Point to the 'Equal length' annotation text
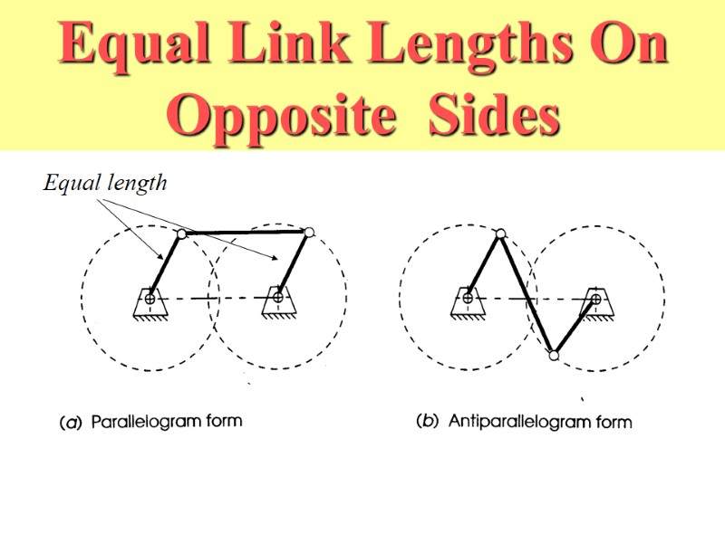(x=105, y=183)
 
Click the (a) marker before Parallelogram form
(x=70, y=422)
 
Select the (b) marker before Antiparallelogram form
(x=427, y=422)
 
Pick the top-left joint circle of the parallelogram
(x=181, y=234)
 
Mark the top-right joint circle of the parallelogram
(x=310, y=233)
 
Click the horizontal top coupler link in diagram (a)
(x=245, y=233)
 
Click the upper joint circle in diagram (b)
(x=500, y=233)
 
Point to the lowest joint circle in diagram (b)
(x=554, y=355)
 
